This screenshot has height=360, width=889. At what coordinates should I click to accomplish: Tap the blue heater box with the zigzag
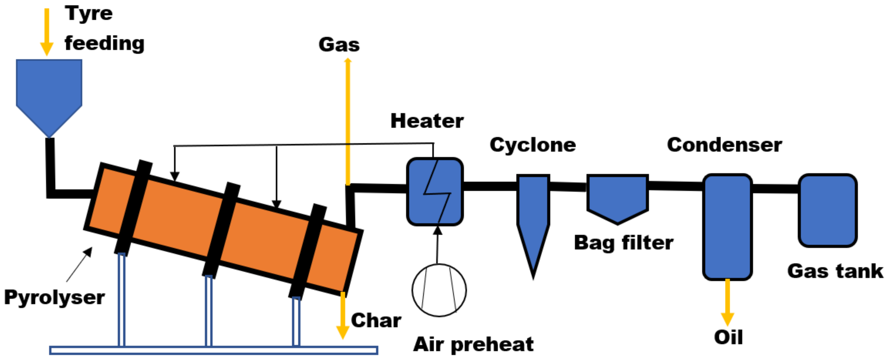click(x=435, y=192)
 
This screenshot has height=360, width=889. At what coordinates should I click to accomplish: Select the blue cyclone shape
click(x=533, y=214)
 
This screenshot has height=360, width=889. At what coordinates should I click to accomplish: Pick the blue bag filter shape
click(x=617, y=197)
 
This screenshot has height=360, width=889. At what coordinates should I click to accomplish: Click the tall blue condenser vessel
click(x=728, y=226)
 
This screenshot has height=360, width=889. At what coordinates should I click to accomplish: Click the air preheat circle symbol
click(x=439, y=290)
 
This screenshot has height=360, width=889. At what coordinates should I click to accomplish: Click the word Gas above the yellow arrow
click(x=339, y=45)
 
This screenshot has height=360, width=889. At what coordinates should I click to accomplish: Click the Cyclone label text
click(x=532, y=145)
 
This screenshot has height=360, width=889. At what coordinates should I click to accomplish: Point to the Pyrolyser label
click(x=54, y=298)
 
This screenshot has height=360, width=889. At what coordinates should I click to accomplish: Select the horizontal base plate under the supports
click(x=213, y=350)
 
